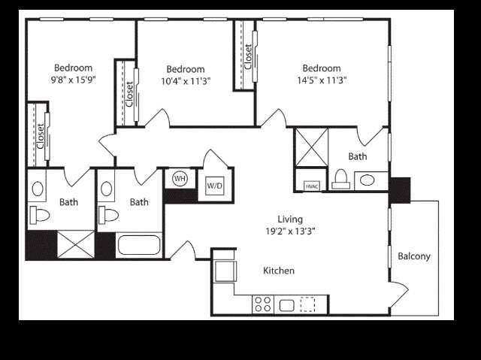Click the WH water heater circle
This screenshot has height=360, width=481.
180,178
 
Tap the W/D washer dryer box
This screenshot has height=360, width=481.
215,186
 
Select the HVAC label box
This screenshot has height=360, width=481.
312,186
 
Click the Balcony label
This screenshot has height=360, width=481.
414,256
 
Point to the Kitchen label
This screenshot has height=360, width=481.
279,271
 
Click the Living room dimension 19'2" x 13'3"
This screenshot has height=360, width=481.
290,231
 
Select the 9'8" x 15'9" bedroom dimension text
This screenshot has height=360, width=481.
74,80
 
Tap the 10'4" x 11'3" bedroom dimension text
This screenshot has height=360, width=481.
186,81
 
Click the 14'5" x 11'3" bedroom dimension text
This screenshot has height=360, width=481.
322,80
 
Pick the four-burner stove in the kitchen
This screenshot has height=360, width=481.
263,304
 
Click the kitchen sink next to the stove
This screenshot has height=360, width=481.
287,305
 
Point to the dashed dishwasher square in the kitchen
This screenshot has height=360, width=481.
307,304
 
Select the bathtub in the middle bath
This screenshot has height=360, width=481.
139,245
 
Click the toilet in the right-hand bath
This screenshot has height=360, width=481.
340,180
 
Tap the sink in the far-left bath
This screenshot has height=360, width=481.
38,189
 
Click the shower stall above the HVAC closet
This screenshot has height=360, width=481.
312,147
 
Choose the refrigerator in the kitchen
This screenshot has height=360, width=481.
225,271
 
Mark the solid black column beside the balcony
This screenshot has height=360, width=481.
400,190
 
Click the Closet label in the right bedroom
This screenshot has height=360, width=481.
248,57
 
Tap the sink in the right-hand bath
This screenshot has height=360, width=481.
367,180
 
